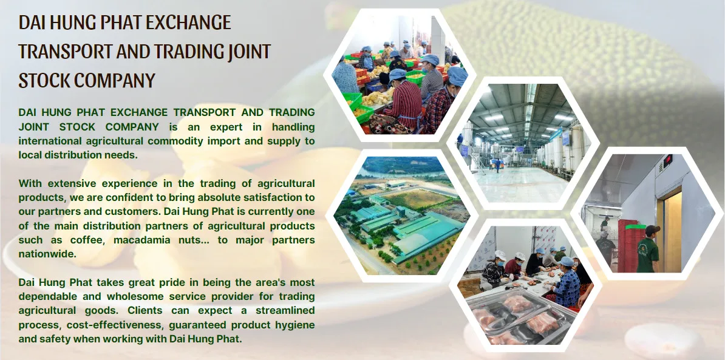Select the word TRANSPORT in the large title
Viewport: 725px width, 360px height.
click(65, 51)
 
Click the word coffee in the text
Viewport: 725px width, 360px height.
click(87, 240)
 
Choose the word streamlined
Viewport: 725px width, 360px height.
click(285, 311)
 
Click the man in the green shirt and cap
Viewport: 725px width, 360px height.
click(648, 249)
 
